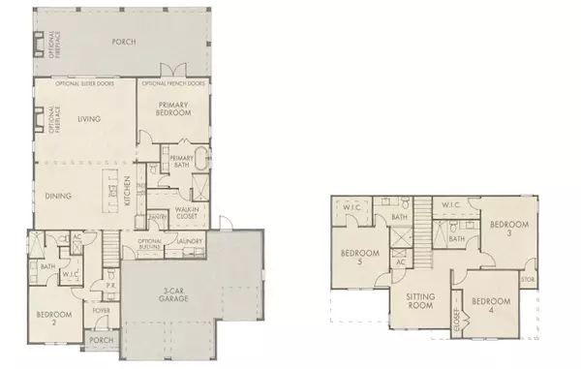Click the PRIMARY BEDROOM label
pos(174,110)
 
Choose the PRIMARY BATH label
pos(182,160)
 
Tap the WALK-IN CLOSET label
pos(187,214)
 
